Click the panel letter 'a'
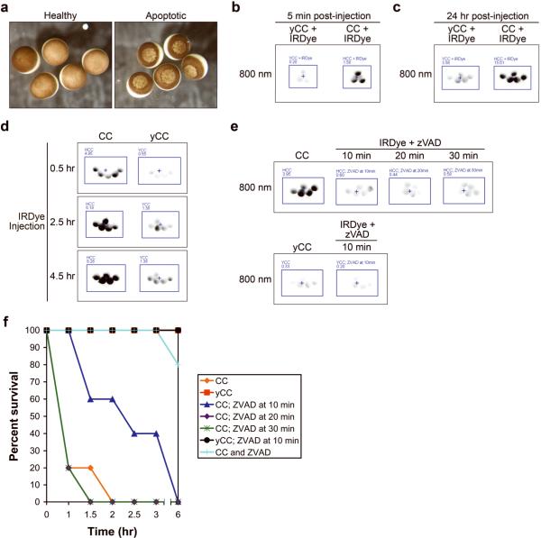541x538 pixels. click(7, 6)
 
